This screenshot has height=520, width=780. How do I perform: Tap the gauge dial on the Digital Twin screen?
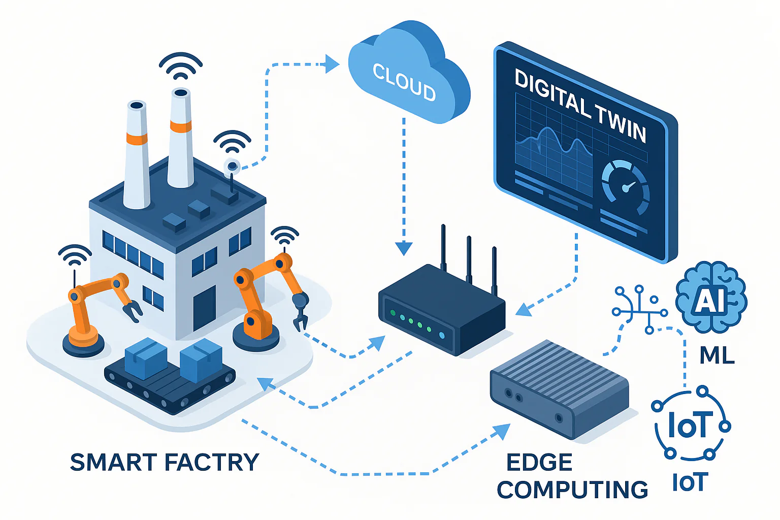[x=626, y=186]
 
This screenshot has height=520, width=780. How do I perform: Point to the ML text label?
[x=717, y=355]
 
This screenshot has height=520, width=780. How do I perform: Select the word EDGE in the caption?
[x=539, y=462]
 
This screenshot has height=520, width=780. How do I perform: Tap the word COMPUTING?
[x=572, y=490]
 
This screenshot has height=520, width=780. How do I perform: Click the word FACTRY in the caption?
[x=212, y=462]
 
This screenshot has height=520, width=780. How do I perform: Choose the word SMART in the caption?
[x=113, y=462]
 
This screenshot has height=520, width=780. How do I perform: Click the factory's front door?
[x=204, y=308]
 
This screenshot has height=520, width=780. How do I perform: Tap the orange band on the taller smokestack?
[x=181, y=126]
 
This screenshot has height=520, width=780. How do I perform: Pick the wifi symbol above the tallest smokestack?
[x=181, y=66]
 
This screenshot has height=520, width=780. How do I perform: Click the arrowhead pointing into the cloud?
[x=333, y=64]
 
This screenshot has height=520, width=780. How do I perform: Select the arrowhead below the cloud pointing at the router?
[x=404, y=248]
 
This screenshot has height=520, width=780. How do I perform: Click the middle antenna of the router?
[x=469, y=259]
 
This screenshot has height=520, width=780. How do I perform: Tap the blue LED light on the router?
[x=441, y=336]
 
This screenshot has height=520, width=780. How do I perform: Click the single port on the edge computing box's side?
[x=559, y=418]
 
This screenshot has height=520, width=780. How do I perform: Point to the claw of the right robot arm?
[x=300, y=320]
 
